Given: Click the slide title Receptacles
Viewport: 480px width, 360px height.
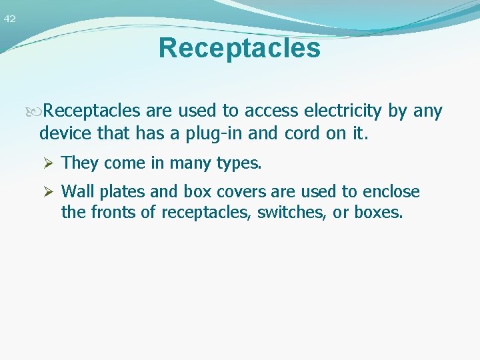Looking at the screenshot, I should [239, 48].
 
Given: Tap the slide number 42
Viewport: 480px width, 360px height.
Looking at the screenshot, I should [9, 19].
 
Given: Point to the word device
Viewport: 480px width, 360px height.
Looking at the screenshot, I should [66, 133].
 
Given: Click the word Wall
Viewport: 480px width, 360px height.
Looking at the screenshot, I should [75, 192].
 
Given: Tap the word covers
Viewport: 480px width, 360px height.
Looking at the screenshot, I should [239, 192].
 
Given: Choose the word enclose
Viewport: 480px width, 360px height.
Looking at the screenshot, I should [391, 192].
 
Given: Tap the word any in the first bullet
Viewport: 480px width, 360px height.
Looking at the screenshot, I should [428, 111].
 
